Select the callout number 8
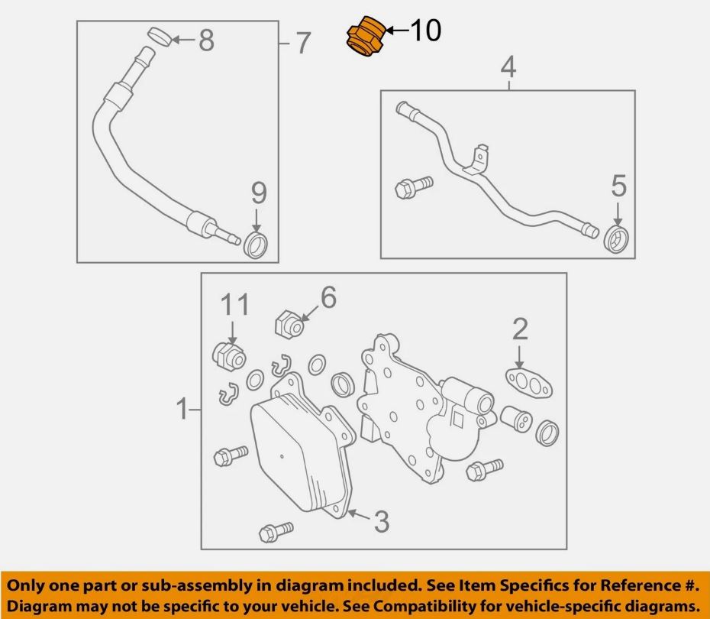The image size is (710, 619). (x=206, y=41)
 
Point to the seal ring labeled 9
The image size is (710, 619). (x=256, y=245)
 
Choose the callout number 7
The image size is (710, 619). (x=303, y=44)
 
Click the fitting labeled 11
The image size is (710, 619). (x=226, y=356)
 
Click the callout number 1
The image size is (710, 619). (x=182, y=410)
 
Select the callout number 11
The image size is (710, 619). (x=235, y=305)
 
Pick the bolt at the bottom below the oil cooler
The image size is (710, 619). (x=275, y=531)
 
